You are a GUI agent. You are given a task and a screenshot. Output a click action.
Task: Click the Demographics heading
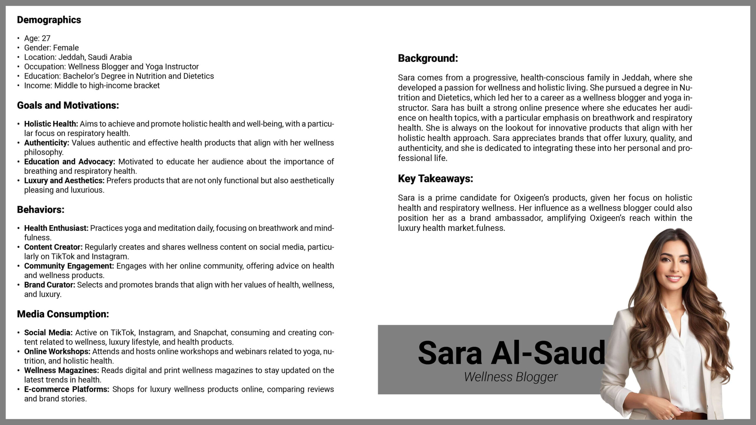[49, 20]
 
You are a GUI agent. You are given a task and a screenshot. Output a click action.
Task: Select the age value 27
[46, 38]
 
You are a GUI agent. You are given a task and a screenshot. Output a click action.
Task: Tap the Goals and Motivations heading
[68, 105]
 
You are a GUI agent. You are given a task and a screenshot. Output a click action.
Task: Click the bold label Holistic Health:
[51, 124]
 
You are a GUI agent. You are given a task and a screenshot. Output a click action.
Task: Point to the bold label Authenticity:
[46, 143]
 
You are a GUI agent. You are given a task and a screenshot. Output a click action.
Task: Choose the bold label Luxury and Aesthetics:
[64, 181]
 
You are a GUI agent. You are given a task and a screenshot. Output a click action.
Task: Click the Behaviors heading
[40, 210]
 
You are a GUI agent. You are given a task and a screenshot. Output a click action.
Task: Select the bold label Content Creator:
[53, 247]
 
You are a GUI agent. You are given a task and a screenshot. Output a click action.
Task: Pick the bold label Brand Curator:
[50, 285]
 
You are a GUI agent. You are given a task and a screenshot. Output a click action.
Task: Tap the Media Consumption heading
[63, 314]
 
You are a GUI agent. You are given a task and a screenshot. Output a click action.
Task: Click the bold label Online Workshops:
[57, 352]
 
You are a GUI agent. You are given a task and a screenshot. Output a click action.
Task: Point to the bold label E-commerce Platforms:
[66, 389]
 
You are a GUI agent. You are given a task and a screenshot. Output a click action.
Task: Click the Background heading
[428, 58]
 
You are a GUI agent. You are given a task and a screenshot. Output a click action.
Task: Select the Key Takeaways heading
[435, 179]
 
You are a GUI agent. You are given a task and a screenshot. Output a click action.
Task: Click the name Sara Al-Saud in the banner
[511, 353]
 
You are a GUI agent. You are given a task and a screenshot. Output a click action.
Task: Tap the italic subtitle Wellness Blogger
[511, 377]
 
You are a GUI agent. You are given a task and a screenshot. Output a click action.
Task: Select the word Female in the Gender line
[66, 48]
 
